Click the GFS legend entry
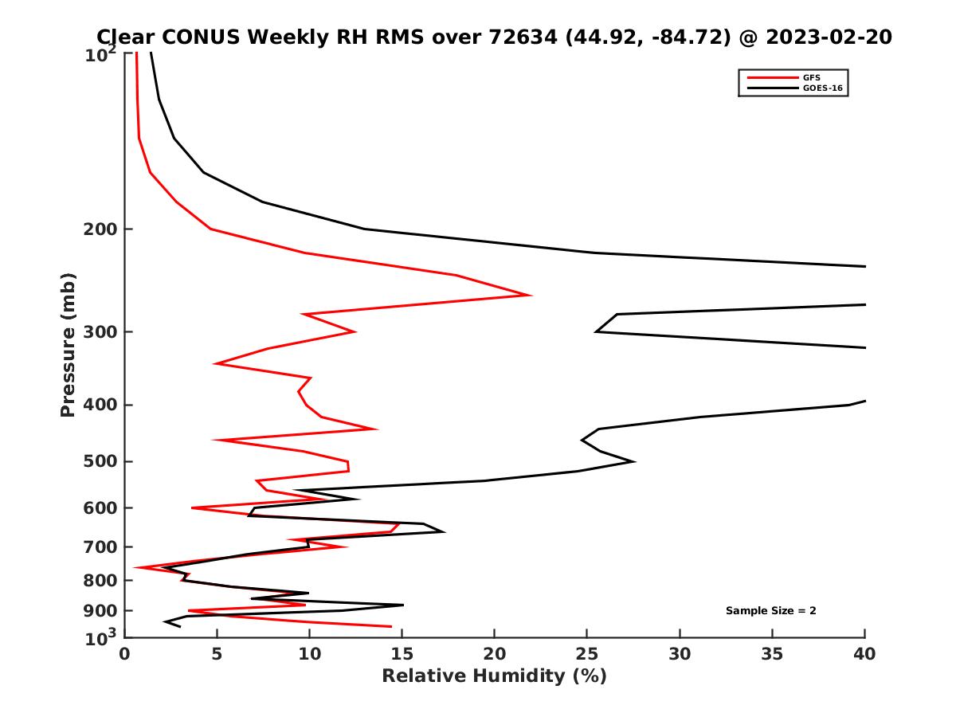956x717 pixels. [811, 77]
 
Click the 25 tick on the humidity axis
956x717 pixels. [587, 654]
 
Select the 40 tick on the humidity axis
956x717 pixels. [865, 654]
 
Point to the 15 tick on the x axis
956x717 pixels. [402, 654]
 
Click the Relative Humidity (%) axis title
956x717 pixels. [494, 676]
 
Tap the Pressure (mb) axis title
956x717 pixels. [68, 344]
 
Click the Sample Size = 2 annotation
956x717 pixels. [770, 611]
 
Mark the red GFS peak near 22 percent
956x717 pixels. [531, 295]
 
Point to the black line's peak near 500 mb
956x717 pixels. [633, 461]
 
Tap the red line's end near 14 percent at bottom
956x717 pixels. [390, 626]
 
